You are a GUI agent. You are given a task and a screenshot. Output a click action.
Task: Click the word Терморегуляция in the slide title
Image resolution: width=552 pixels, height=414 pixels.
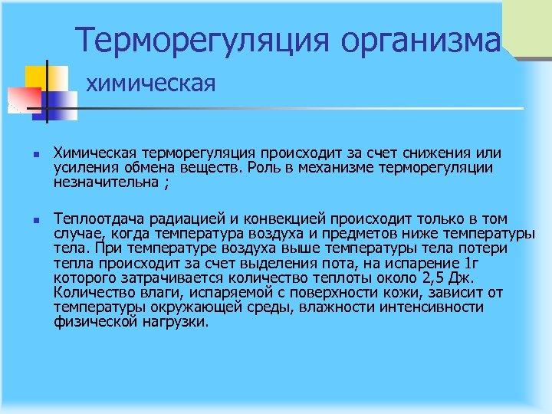coord(187,38)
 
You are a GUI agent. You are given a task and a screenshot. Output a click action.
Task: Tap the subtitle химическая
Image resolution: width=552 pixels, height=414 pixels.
coord(149,81)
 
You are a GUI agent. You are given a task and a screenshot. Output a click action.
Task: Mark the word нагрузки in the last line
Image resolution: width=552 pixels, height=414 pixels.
coord(174,322)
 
